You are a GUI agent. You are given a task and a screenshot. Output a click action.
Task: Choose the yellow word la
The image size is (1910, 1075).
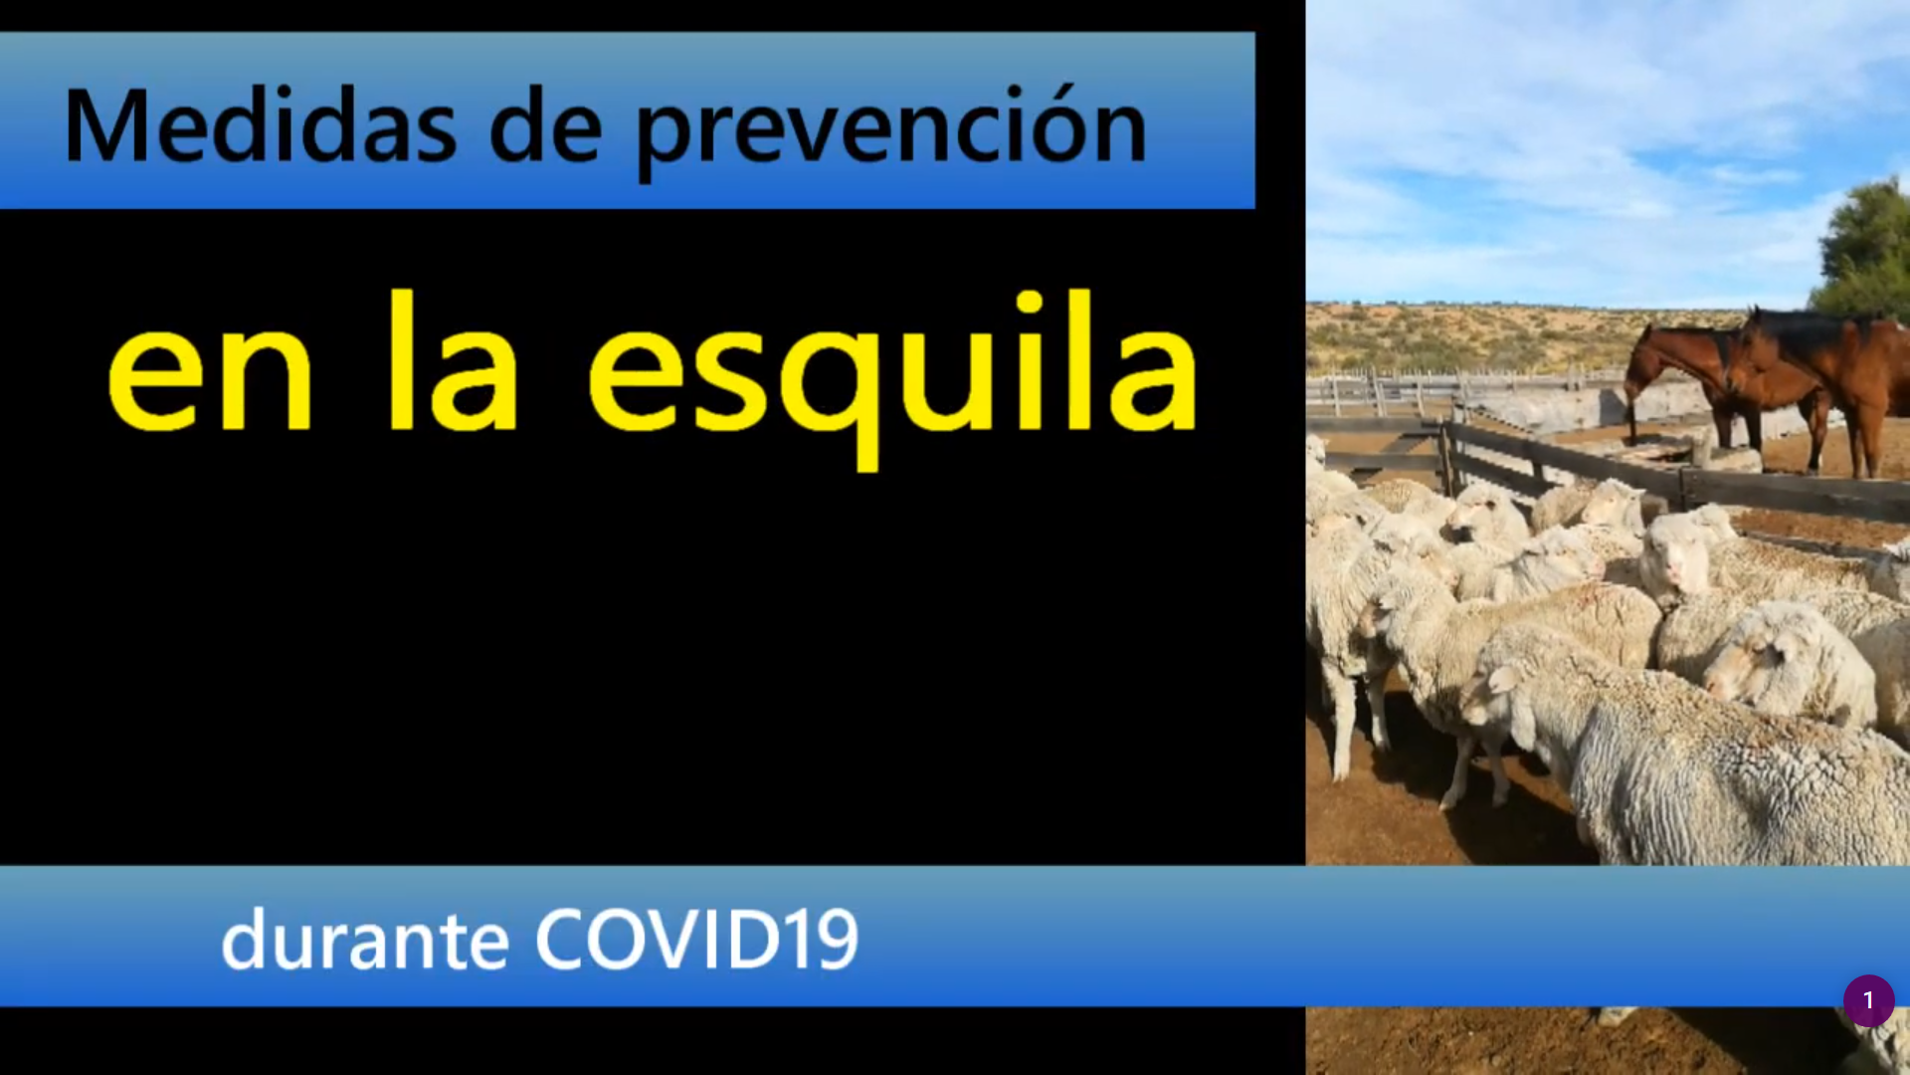pos(454,360)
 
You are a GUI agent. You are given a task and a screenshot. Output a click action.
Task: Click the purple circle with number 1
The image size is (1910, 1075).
pos(1868,1000)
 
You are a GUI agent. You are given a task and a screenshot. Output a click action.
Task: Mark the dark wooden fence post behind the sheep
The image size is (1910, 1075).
pos(1447,458)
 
